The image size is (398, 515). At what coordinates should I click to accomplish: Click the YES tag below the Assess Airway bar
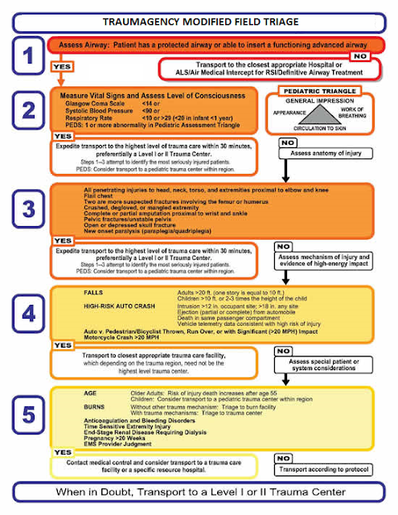coord(64,65)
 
